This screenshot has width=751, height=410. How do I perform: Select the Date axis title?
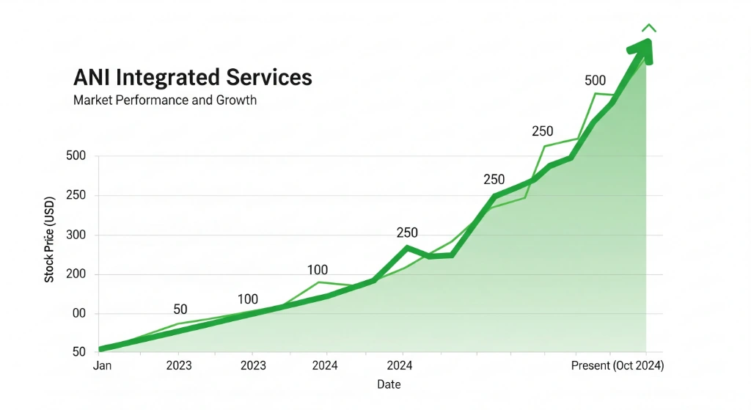[x=389, y=384]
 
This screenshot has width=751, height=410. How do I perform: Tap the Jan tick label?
[x=103, y=365]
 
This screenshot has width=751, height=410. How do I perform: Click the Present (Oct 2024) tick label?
[x=617, y=365]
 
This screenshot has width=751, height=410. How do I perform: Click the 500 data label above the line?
[x=596, y=81]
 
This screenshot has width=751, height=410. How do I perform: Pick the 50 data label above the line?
[x=180, y=310]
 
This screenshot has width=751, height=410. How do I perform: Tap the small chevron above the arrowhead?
[x=648, y=29]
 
